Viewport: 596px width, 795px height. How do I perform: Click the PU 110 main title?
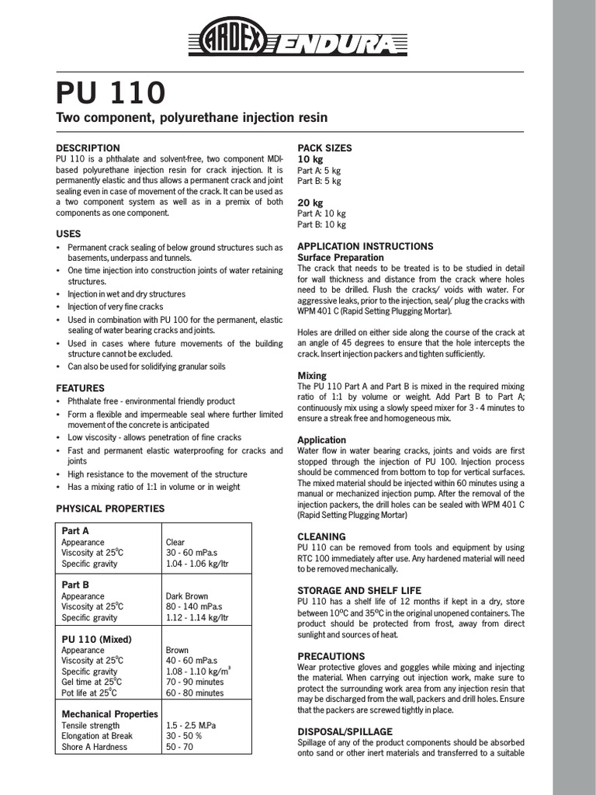[110, 93]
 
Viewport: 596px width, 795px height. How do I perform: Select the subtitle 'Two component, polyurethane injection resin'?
[192, 118]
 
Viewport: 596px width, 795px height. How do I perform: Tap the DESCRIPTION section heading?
[88, 148]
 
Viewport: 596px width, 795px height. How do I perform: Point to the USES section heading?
[68, 233]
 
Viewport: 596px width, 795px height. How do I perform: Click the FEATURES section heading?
[80, 387]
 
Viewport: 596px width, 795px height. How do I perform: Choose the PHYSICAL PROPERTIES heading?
[110, 509]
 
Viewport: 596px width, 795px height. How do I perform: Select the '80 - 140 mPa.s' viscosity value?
[193, 607]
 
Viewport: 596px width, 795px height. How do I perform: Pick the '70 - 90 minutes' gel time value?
[194, 682]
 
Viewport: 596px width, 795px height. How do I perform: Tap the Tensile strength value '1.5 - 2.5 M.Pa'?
[191, 725]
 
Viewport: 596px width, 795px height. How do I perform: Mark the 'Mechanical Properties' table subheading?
[109, 713]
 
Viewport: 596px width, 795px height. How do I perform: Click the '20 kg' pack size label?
[310, 203]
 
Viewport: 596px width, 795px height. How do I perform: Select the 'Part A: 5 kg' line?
[319, 170]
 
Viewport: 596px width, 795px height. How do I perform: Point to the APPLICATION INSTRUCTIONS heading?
[366, 246]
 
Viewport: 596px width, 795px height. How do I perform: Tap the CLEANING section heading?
[321, 536]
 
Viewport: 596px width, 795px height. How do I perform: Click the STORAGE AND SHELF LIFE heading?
[359, 590]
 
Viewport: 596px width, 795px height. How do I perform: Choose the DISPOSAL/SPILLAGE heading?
[345, 731]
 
